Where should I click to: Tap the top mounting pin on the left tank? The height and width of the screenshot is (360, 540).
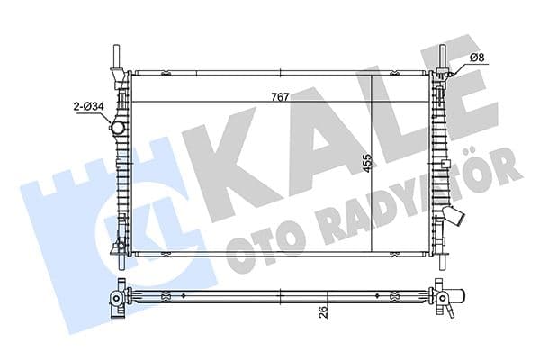tap(115, 56)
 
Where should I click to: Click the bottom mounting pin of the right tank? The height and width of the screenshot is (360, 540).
tap(442, 259)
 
